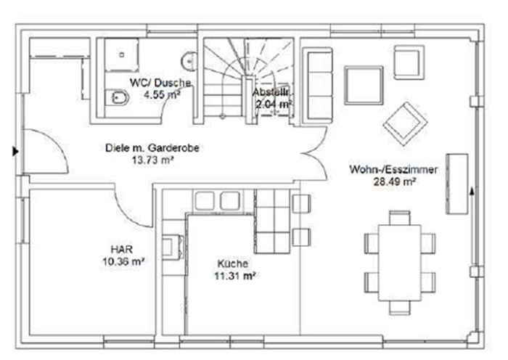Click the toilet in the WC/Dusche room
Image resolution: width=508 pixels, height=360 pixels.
(118, 97)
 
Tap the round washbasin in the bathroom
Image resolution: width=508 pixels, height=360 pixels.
(189, 60)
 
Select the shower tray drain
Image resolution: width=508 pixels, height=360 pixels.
(122, 54)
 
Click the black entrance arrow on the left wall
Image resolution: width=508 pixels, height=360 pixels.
(15, 151)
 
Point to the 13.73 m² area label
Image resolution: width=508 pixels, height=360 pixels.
(152, 160)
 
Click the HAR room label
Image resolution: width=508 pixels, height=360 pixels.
(122, 249)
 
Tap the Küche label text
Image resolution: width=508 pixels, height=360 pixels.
(233, 263)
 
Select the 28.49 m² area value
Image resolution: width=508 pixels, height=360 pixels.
(394, 181)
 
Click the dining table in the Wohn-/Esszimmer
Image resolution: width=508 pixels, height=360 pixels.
(400, 263)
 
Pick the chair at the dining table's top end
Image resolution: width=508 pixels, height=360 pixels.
(400, 218)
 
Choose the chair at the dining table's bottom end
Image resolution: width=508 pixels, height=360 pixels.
(400, 308)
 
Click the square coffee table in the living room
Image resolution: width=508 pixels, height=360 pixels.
(364, 85)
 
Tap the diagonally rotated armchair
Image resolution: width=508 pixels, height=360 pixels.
(405, 124)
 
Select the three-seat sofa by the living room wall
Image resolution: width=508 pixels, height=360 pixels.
(318, 86)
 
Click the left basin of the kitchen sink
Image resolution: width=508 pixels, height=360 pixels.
(205, 201)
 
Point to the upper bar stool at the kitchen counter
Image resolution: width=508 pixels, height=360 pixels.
(301, 204)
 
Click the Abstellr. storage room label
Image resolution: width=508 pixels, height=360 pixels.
(271, 92)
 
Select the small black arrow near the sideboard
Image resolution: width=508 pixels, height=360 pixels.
(472, 192)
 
